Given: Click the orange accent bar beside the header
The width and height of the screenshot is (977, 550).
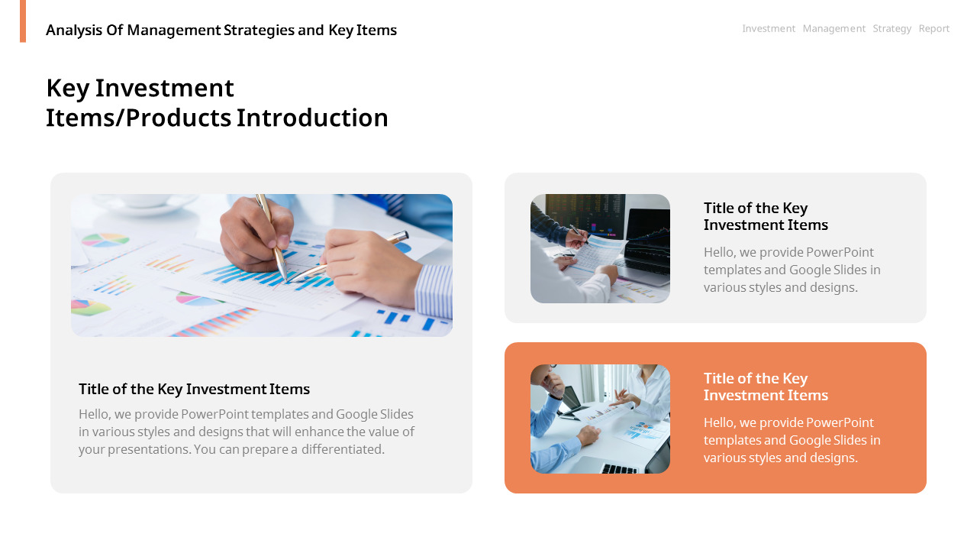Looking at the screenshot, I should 23,21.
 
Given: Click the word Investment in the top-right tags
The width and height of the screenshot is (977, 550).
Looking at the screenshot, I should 769,28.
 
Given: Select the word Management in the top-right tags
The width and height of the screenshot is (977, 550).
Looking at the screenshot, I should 834,28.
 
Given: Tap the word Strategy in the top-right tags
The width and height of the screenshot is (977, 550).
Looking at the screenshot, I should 892,28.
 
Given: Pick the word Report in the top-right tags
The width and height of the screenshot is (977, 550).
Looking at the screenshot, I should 934,28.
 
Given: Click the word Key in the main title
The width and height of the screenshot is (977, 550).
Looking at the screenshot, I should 67,88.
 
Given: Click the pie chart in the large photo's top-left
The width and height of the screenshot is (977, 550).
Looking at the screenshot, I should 105,240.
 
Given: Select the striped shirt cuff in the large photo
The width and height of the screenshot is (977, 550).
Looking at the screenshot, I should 434,290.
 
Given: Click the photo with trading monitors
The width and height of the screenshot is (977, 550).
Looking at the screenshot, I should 600,248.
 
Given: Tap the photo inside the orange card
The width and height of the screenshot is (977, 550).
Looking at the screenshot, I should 600,419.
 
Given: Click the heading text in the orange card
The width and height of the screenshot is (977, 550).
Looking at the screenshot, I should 765,387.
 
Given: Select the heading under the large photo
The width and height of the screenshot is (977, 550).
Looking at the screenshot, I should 194,389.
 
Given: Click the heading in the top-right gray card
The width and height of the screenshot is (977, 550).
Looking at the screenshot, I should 765,216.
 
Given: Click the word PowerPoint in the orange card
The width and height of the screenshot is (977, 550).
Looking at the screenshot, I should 840,422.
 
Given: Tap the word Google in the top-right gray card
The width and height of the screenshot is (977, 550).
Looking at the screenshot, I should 811,270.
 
